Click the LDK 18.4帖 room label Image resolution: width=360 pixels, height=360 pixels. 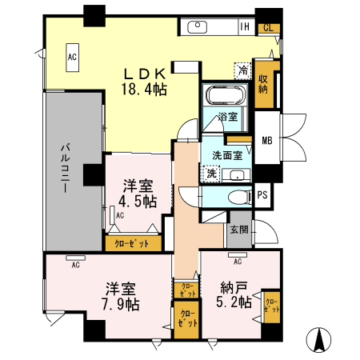point(144,78)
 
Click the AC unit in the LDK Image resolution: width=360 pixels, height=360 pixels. point(72,57)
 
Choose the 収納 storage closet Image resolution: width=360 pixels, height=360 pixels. point(263,83)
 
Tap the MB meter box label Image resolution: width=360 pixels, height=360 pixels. point(267,142)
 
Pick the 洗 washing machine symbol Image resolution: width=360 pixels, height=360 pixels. point(211,174)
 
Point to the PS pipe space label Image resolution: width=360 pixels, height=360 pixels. point(262,194)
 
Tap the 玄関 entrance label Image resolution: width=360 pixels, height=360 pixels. point(238,230)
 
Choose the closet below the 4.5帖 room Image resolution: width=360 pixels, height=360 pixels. point(132,242)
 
